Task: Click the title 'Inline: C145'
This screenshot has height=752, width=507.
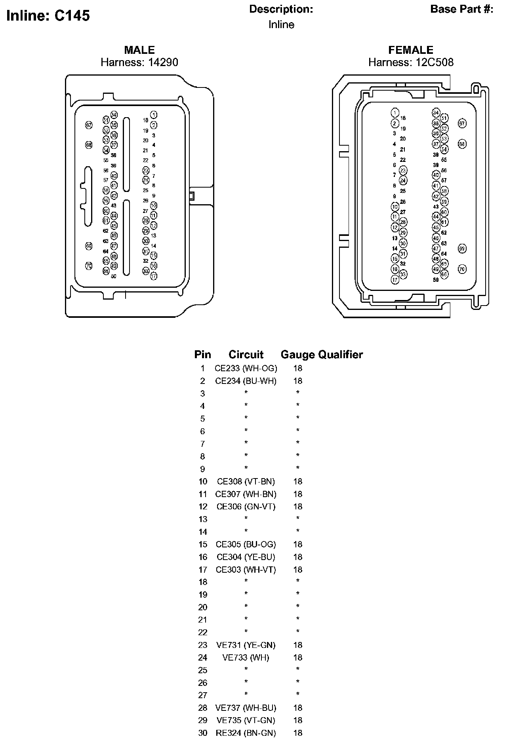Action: (x=48, y=16)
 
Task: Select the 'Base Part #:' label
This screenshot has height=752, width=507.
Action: (x=461, y=9)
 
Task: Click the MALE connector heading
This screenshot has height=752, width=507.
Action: (x=139, y=50)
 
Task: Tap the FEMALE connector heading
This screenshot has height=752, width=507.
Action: (x=411, y=50)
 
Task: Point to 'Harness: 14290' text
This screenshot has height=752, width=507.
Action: (x=139, y=62)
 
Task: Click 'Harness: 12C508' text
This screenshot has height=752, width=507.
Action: (x=411, y=62)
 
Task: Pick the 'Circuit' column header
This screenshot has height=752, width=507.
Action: (x=246, y=355)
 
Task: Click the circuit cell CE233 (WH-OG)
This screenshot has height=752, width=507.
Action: (x=246, y=368)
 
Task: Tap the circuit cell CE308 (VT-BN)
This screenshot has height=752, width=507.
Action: (x=246, y=482)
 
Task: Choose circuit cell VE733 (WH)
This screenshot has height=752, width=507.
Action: (x=246, y=657)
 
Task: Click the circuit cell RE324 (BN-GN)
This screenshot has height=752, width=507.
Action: (x=246, y=733)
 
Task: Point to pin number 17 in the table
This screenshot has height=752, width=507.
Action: (x=203, y=570)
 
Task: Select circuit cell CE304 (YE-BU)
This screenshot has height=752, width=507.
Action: (x=246, y=557)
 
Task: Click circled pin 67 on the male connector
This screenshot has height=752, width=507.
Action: (x=89, y=125)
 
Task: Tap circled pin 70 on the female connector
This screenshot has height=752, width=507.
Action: (x=462, y=269)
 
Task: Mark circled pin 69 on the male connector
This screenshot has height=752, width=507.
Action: (x=89, y=246)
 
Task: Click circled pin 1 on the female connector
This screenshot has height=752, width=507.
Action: (x=395, y=112)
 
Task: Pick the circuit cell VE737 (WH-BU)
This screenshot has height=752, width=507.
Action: (x=246, y=708)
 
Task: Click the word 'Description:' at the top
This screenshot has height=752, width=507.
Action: (x=281, y=9)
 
